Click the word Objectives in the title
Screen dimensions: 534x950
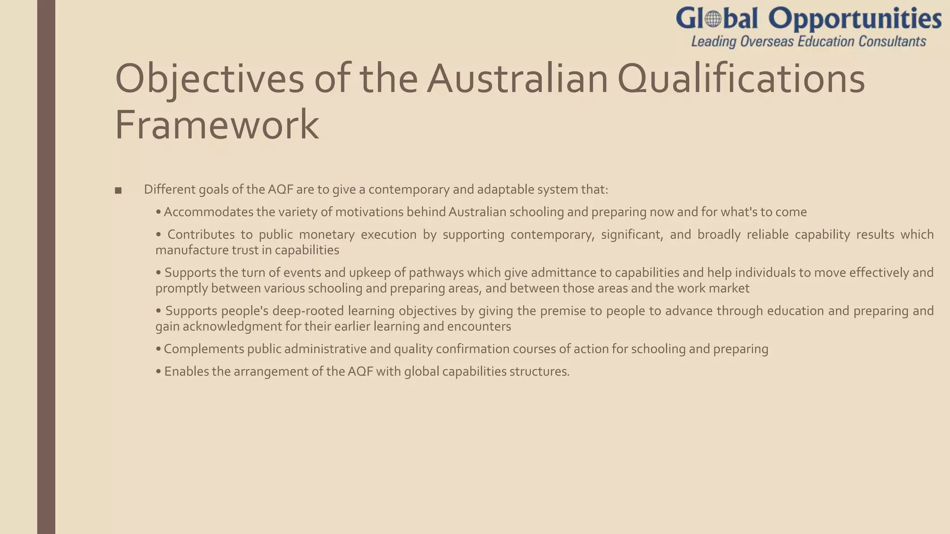coord(209,79)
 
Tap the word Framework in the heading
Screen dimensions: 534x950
coord(217,124)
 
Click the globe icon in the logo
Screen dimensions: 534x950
coord(713,19)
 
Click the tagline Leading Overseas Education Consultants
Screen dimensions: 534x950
coord(809,42)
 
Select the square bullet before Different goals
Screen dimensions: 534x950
coord(118,191)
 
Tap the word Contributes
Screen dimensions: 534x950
coord(201,235)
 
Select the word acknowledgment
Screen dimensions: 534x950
coord(232,326)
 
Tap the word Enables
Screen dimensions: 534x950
coord(186,372)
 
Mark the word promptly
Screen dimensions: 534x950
coord(181,288)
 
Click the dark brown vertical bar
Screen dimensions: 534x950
coord(46,267)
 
